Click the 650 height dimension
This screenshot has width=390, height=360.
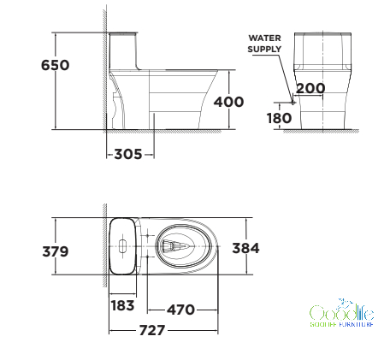click(x=56, y=65)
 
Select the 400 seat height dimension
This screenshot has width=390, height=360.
click(x=228, y=102)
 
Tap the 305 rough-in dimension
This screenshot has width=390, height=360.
click(x=128, y=154)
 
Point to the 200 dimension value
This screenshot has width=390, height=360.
click(x=310, y=88)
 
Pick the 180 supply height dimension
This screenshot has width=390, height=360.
click(x=279, y=118)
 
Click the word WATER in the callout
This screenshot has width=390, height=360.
click(x=264, y=38)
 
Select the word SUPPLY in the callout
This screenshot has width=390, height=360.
click(x=264, y=49)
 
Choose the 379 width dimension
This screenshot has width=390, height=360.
click(x=56, y=251)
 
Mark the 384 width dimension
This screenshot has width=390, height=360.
click(x=245, y=248)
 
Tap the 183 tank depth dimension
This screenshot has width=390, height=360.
click(x=122, y=305)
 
